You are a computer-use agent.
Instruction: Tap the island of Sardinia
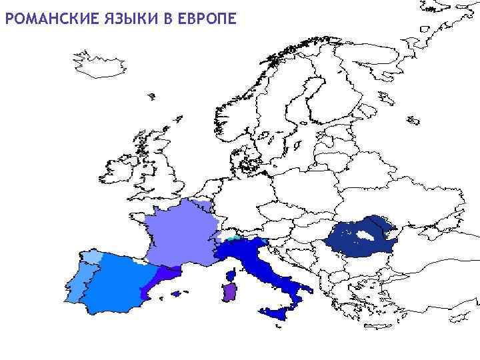[x=229, y=292]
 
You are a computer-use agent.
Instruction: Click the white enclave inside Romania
[x=365, y=236]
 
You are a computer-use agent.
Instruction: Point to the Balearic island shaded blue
[x=176, y=294]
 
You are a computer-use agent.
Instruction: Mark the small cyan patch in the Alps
[x=233, y=237]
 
